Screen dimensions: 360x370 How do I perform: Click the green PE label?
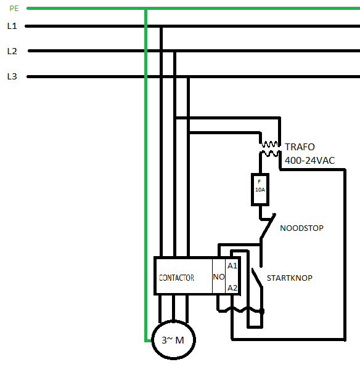click(14, 9)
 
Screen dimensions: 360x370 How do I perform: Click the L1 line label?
click(12, 26)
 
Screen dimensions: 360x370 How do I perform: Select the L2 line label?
click(12, 51)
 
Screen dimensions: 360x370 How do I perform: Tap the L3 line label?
click(12, 76)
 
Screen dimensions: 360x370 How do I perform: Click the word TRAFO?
click(300, 147)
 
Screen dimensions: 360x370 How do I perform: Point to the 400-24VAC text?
click(309, 161)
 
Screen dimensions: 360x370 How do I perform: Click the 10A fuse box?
click(260, 190)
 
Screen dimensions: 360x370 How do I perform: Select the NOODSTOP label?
click(301, 228)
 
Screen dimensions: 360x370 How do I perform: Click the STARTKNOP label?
click(289, 278)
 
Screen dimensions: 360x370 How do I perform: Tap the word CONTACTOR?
click(176, 278)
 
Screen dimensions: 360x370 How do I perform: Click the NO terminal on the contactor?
click(219, 277)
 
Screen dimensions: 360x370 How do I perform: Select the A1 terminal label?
click(232, 266)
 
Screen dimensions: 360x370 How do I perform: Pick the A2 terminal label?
click(232, 288)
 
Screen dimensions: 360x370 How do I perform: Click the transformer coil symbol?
click(269, 148)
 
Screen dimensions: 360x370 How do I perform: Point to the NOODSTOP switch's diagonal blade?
click(268, 226)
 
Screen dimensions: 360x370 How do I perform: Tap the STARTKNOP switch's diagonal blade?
click(257, 278)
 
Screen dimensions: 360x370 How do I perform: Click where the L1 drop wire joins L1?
click(161, 26)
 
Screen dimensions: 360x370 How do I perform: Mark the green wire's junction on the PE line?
click(145, 9)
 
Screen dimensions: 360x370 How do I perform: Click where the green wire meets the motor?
click(152, 340)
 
